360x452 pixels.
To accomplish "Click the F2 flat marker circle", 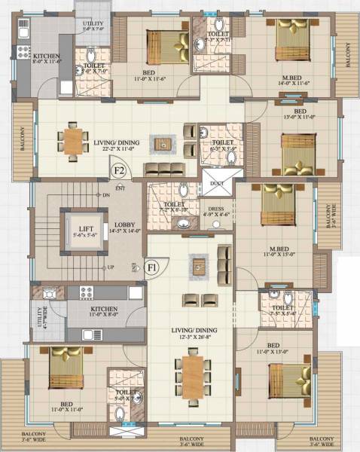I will [x=118, y=170].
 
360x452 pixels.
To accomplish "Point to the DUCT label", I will [x=218, y=183].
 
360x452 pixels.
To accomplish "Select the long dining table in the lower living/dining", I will [x=194, y=372].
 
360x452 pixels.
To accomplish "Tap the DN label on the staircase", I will [x=106, y=196].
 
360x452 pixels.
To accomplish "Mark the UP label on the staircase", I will [x=109, y=267].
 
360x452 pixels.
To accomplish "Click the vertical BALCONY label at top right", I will [x=348, y=55].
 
